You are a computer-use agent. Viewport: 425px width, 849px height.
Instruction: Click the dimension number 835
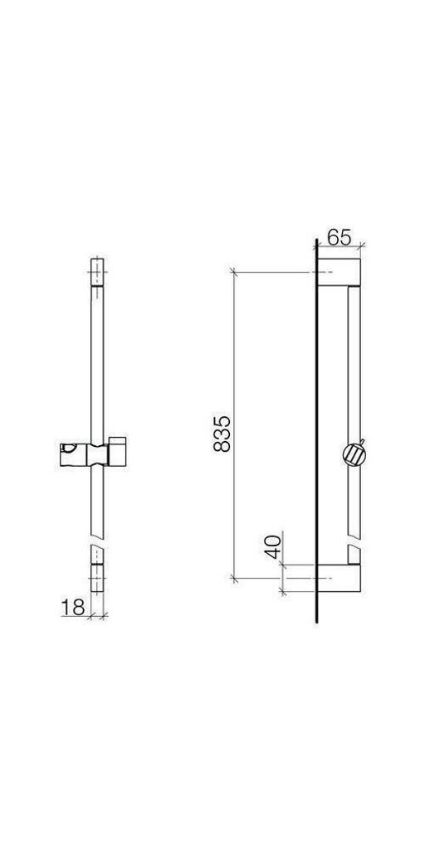[x=222, y=434]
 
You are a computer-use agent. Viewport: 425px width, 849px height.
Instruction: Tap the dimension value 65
[x=340, y=237]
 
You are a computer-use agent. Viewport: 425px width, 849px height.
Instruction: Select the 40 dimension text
[x=274, y=546]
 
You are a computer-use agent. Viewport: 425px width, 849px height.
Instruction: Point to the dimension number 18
[x=73, y=608]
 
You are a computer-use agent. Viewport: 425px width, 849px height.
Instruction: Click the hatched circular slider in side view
[x=354, y=454]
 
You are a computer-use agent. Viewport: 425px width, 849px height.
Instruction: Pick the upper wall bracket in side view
[x=339, y=272]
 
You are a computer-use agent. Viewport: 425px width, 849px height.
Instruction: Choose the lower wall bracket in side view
[x=339, y=578]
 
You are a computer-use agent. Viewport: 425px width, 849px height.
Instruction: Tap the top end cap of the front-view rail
[x=96, y=272]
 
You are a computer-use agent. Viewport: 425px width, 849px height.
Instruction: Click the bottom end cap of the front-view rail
[x=96, y=578]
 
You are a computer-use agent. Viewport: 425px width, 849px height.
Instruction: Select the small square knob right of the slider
[x=117, y=450]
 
